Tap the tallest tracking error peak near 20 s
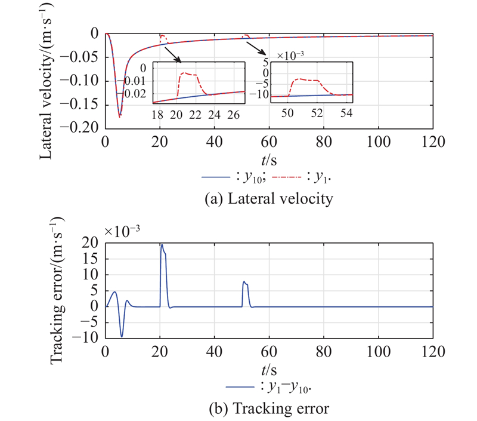(x=161, y=244)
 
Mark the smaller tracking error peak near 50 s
(x=243, y=281)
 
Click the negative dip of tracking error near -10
(x=122, y=337)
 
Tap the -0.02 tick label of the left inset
(x=136, y=93)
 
